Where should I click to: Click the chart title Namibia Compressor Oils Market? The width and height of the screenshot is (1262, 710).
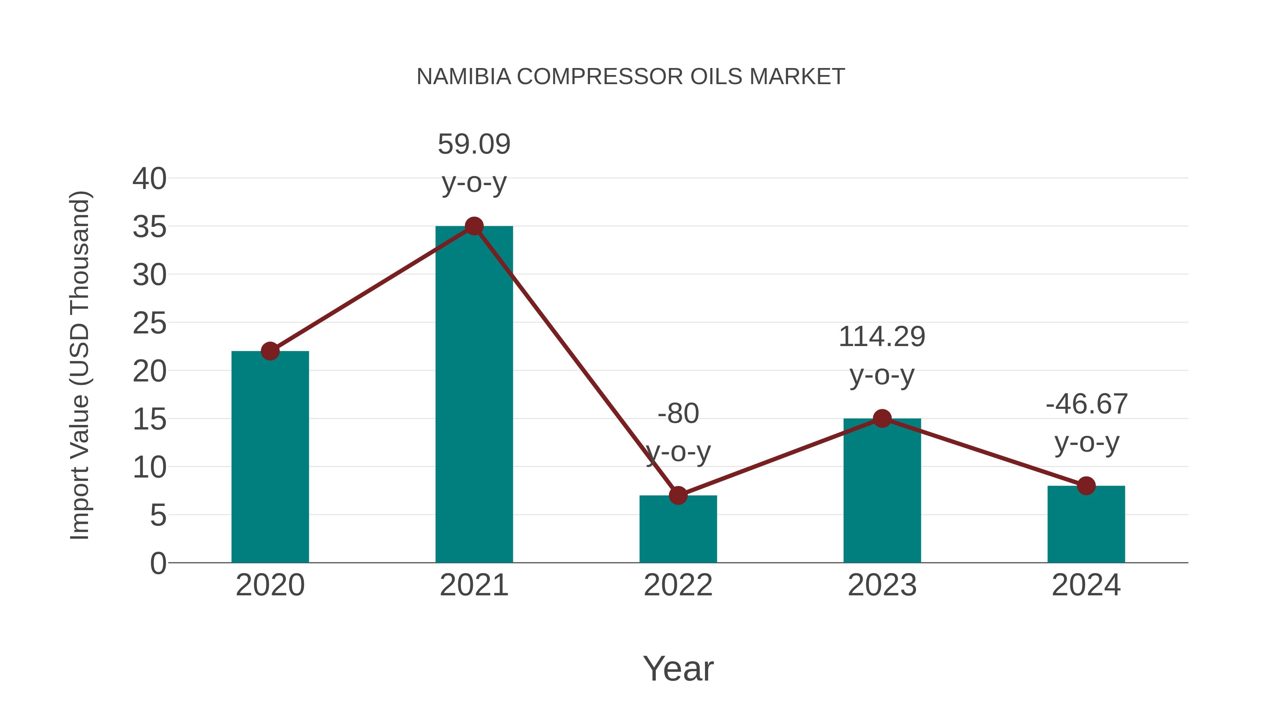631,77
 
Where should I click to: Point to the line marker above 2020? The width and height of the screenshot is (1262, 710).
270,351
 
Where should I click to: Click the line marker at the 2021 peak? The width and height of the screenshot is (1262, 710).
474,226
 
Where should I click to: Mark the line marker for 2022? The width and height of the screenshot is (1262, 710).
678,495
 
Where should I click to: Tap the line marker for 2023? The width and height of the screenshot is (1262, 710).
882,418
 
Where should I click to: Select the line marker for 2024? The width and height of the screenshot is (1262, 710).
1086,486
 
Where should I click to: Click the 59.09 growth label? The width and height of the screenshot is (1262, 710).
474,144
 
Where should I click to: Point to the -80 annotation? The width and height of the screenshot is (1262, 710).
678,414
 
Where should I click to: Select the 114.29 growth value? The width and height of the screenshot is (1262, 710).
882,337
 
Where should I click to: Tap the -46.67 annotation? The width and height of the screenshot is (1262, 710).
1086,405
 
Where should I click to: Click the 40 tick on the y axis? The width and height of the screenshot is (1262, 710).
149,179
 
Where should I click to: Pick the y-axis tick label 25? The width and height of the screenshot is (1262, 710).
149,323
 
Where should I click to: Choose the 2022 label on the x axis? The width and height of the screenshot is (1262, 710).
678,586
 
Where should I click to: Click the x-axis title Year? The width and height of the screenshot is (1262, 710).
678,669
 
